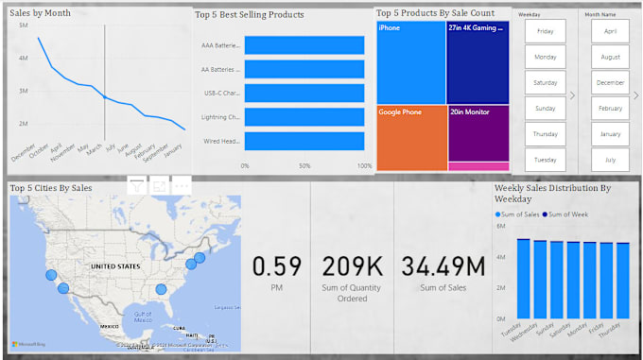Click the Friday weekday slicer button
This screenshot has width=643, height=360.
(546, 31)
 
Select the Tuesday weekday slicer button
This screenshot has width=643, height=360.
(546, 161)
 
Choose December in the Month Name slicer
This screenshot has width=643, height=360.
(610, 83)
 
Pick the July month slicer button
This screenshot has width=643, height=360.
(610, 161)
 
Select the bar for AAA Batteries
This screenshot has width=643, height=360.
(304, 45)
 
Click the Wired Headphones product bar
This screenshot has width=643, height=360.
(304, 141)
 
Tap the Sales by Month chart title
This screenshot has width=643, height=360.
(42, 13)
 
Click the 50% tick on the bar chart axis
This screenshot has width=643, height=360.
(304, 165)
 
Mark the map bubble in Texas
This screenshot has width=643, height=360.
(161, 288)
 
